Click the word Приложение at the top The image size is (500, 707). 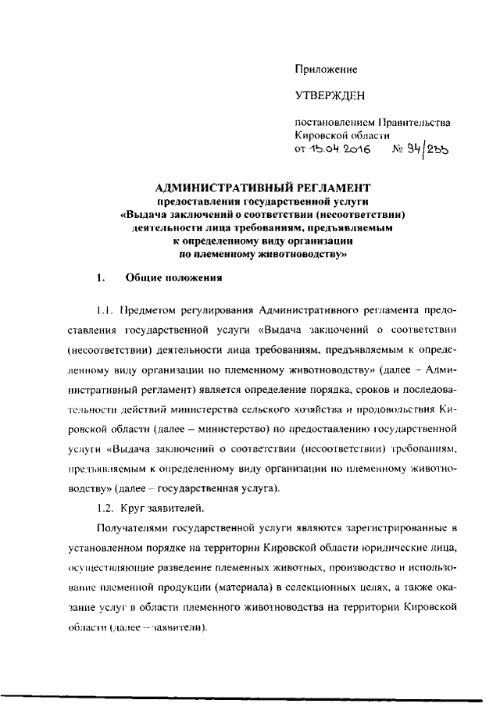(x=326, y=70)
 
